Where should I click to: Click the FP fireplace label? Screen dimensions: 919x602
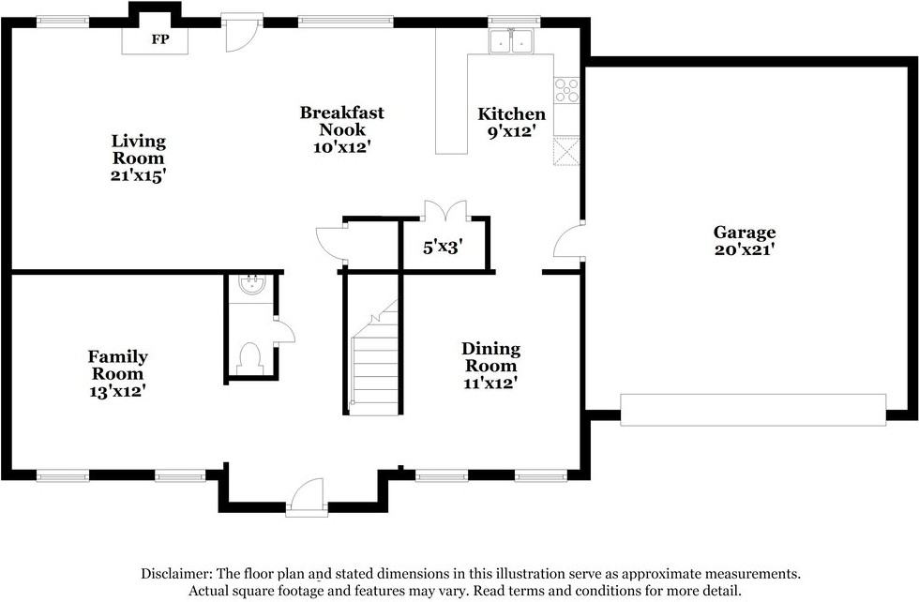point(160,39)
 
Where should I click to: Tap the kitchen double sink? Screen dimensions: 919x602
point(511,41)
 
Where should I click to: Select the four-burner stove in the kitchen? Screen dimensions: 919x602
point(566,90)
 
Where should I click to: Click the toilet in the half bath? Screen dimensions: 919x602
point(251,357)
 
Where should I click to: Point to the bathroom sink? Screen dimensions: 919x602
point(252,285)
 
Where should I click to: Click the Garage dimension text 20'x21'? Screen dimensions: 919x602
point(745,249)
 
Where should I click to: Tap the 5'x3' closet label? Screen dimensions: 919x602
point(444,248)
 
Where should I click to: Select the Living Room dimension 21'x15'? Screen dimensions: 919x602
point(139,175)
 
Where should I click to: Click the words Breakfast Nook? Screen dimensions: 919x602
point(342,121)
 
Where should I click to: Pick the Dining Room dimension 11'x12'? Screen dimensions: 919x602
point(490,384)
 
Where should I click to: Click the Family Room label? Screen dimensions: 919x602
point(118,365)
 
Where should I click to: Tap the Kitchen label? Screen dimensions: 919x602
point(512,113)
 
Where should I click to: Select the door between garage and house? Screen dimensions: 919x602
point(567,240)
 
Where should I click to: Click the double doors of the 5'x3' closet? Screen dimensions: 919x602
point(446,211)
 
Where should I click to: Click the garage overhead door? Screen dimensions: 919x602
point(753,410)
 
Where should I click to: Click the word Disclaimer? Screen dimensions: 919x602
point(176,573)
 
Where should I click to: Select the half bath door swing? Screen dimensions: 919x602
point(284,332)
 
